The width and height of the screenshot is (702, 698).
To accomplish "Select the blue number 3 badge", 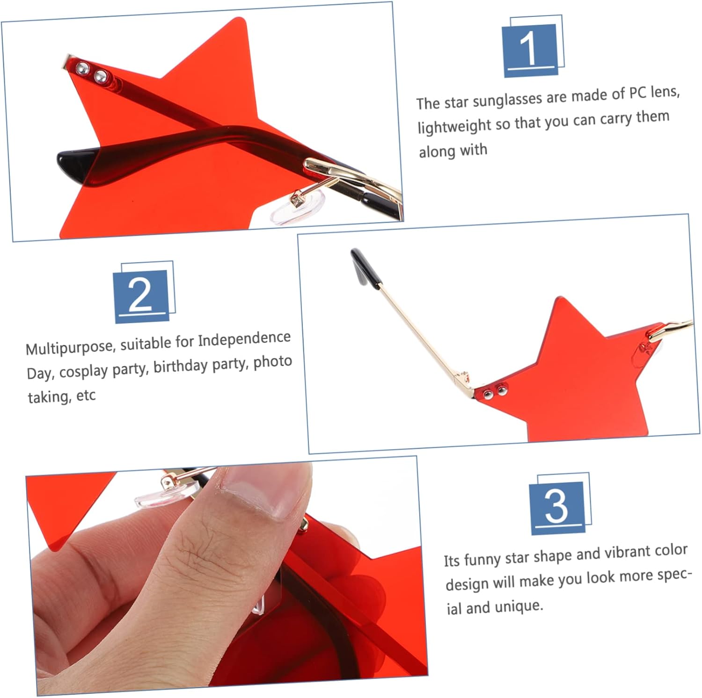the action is pyautogui.click(x=557, y=508).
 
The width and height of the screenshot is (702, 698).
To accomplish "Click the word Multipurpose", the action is pyautogui.click(x=70, y=347).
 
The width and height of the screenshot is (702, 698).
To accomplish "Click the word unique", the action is pyautogui.click(x=519, y=606).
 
